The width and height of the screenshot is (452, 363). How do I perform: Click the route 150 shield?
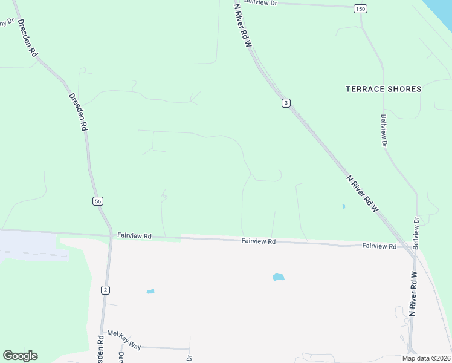pyautogui.click(x=360, y=8)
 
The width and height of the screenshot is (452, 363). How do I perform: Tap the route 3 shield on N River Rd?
pyautogui.click(x=286, y=103)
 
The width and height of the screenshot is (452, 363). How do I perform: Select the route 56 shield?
pyautogui.click(x=98, y=201)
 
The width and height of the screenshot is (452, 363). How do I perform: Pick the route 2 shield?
pyautogui.click(x=106, y=290)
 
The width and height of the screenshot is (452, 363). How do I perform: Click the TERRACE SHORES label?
pyautogui.click(x=383, y=89)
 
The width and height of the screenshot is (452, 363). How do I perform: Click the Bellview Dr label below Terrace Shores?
pyautogui.click(x=384, y=131)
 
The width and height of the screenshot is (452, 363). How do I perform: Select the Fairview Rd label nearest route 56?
pyautogui.click(x=134, y=235)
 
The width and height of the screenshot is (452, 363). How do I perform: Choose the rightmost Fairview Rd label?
pyautogui.click(x=379, y=246)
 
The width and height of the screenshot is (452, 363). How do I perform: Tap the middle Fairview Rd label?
pyautogui.click(x=259, y=241)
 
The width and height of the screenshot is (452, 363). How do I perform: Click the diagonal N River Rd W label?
pyautogui.click(x=363, y=193)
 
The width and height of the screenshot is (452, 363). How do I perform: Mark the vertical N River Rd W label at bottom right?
pyautogui.click(x=414, y=293)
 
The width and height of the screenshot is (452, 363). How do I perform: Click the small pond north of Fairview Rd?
pyautogui.click(x=343, y=206)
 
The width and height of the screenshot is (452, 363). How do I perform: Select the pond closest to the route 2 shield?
pyautogui.click(x=150, y=292)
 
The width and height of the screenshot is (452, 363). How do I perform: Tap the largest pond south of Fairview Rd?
pyautogui.click(x=279, y=277)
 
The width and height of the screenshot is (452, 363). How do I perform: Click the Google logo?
pyautogui.click(x=20, y=356)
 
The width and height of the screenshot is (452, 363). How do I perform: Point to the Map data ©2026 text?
pyautogui.click(x=425, y=358)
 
